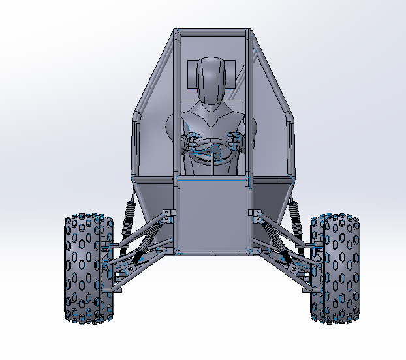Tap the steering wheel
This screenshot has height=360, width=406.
(x=211, y=151)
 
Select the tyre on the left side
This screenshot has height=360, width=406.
(x=88, y=268)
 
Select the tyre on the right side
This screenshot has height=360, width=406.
(x=335, y=268)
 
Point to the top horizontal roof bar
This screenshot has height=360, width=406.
(x=211, y=30)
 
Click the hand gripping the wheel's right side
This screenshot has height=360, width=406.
(x=233, y=139)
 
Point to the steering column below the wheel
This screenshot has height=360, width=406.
(x=212, y=168)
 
